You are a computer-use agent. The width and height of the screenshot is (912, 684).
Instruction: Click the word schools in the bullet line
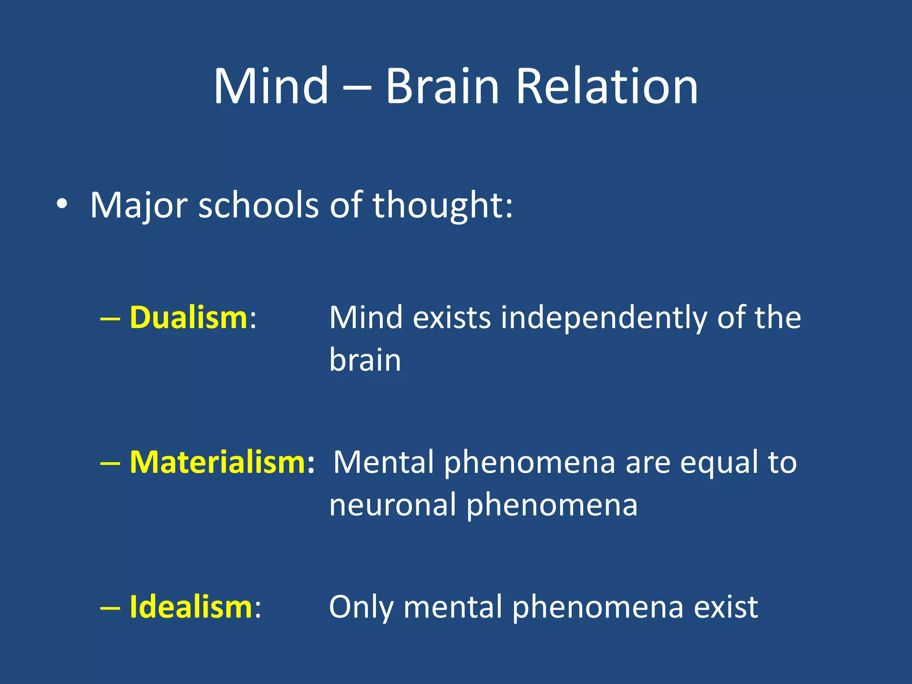point(258,205)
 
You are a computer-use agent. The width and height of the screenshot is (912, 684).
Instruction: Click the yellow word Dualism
point(188,318)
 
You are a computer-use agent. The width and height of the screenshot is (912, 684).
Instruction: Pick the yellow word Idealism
point(191,607)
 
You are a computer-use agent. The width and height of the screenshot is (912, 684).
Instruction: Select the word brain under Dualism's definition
point(365,360)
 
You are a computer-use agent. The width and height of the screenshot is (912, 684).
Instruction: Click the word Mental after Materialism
point(383,462)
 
